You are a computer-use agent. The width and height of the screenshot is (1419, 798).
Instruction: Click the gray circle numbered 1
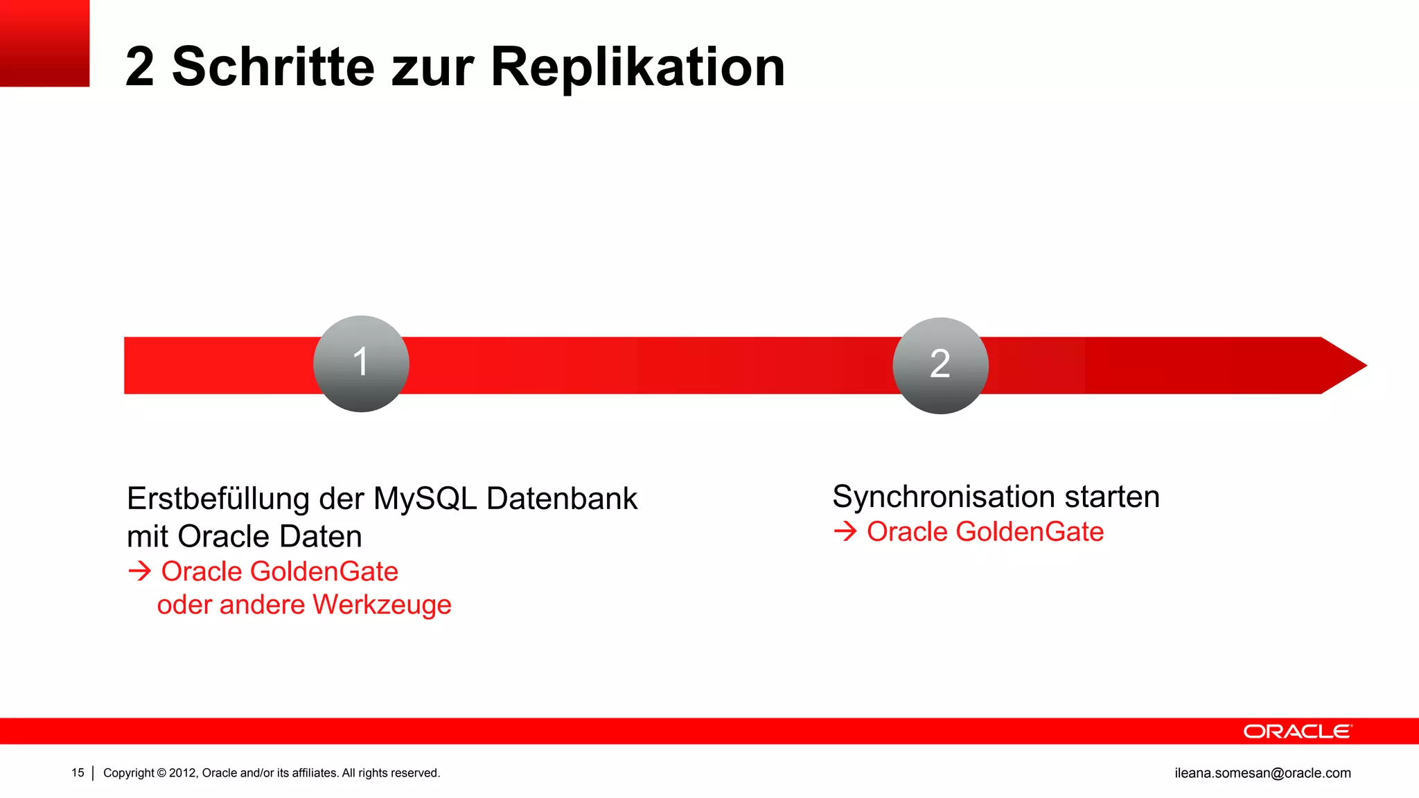tap(361, 364)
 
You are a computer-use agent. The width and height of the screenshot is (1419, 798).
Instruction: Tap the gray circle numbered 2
tap(940, 365)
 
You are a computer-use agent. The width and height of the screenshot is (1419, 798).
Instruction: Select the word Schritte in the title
tap(273, 67)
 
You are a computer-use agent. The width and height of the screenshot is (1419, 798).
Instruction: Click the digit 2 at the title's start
tap(140, 67)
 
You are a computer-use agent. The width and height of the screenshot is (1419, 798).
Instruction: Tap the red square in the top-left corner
tap(44, 43)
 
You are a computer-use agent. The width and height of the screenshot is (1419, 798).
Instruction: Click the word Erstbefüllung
tap(218, 499)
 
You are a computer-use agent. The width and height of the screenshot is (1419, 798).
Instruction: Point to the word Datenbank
tap(562, 499)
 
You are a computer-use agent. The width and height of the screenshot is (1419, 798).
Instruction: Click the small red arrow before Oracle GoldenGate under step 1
tap(139, 571)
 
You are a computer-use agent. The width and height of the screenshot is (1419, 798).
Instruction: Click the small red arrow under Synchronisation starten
tap(845, 532)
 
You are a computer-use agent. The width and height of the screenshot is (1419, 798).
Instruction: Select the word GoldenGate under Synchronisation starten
tap(1030, 532)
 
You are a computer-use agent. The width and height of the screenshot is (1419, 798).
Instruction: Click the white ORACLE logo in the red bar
tap(1297, 731)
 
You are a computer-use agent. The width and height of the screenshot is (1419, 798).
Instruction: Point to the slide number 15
tap(78, 773)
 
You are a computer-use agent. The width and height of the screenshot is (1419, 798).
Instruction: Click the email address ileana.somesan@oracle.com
tap(1262, 773)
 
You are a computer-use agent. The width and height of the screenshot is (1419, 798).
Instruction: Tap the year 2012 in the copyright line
tap(183, 773)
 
